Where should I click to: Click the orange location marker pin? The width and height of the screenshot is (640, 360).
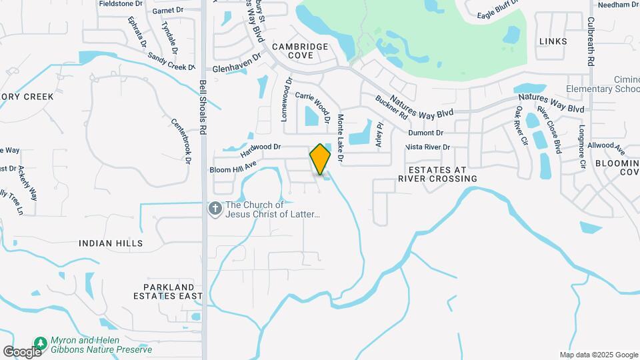pos(321,159)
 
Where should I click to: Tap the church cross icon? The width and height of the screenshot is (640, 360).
pos(215,209)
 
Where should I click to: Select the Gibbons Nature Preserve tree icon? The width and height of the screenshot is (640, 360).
pos(40,343)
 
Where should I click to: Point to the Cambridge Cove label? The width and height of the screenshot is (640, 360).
pos(300,51)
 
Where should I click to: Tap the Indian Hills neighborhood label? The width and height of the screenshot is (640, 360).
pos(111,243)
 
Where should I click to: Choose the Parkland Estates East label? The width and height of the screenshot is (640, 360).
pos(167,291)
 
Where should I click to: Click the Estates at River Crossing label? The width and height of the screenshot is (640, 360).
pos(437,174)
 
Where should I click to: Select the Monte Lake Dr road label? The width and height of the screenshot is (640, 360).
pos(339,139)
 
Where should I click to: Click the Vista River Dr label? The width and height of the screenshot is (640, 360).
pos(428,147)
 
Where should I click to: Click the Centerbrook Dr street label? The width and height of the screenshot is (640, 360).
pos(181,141)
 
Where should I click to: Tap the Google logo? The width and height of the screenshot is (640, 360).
pos(21,351)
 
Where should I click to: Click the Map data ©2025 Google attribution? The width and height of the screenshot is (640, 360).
pos(598,355)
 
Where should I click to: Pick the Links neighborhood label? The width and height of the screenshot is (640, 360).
pos(553,41)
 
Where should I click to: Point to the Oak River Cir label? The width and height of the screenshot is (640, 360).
pos(521,126)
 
